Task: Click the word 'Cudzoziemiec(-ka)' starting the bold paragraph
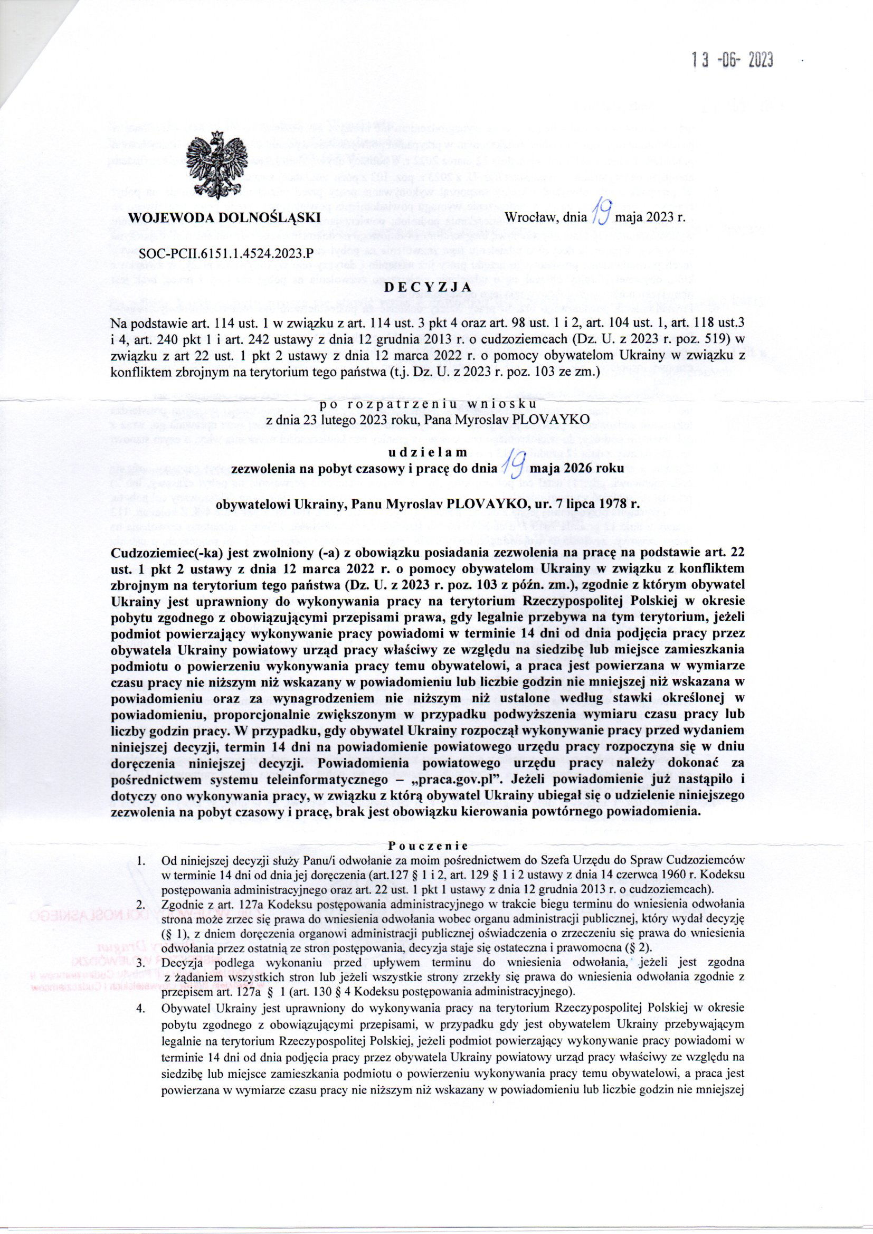[x=156, y=553]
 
